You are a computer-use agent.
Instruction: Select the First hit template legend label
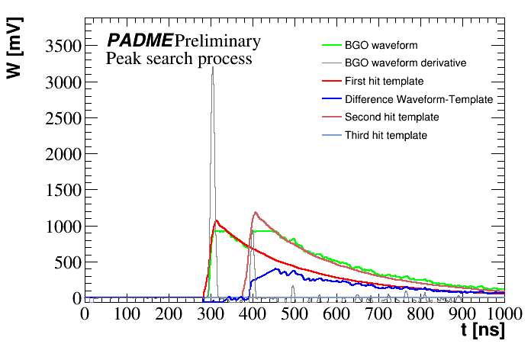click(x=384, y=81)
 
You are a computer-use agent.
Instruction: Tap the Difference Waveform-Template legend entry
click(x=419, y=99)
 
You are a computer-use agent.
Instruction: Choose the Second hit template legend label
click(x=391, y=117)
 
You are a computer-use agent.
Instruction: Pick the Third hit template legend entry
click(x=385, y=136)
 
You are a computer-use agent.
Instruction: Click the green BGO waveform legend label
click(x=381, y=45)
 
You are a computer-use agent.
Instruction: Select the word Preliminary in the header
click(x=217, y=41)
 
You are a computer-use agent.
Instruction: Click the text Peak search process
click(x=179, y=59)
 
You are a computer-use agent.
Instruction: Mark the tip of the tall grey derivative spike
click(x=213, y=67)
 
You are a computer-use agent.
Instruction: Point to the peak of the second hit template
click(x=255, y=212)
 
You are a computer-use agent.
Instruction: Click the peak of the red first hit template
click(x=217, y=220)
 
